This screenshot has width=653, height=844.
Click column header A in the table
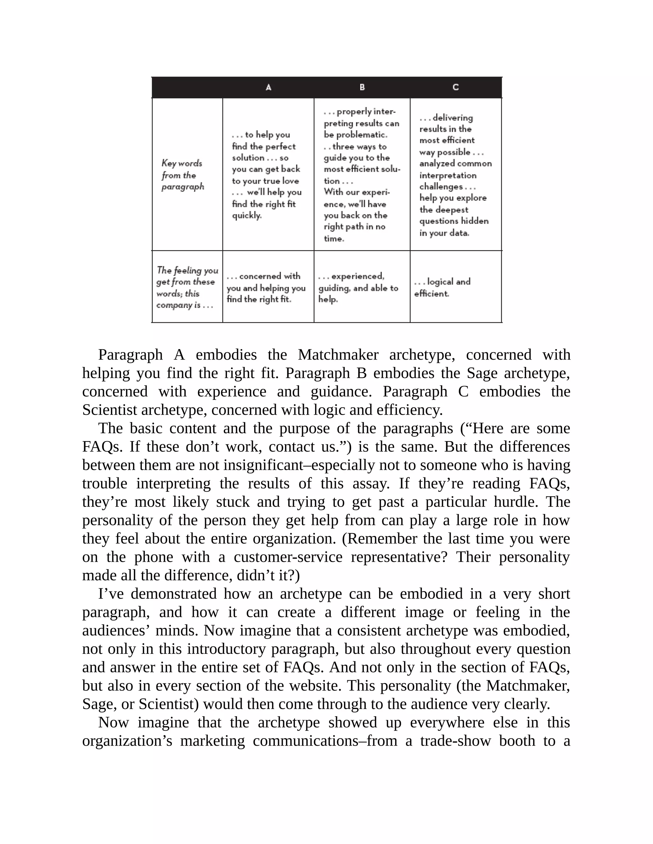point(268,87)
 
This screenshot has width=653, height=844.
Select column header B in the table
point(362,87)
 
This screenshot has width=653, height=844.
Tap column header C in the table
point(456,87)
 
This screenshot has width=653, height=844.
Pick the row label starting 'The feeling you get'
point(187,287)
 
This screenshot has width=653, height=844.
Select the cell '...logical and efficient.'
point(442,287)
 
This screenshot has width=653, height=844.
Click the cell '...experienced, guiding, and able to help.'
point(358,288)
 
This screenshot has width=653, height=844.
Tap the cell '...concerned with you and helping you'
point(266,288)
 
